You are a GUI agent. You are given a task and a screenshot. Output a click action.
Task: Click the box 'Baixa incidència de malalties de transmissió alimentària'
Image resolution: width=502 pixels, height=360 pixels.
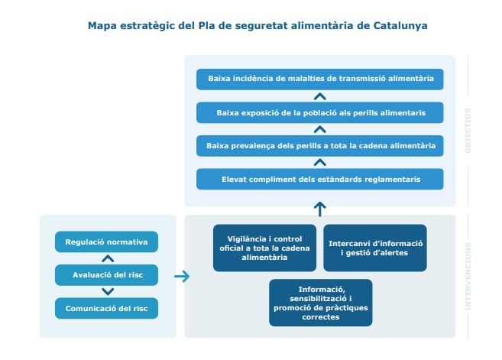(x=320, y=79)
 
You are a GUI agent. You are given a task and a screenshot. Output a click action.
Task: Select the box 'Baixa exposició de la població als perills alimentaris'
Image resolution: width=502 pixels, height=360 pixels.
(x=320, y=112)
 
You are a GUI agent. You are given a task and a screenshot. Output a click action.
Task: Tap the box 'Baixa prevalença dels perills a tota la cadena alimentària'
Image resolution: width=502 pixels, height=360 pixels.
(x=320, y=145)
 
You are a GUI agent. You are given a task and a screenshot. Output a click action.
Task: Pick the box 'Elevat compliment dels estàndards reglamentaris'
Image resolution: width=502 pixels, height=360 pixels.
(x=320, y=179)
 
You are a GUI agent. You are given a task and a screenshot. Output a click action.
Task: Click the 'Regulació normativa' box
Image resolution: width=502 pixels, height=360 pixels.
(x=106, y=242)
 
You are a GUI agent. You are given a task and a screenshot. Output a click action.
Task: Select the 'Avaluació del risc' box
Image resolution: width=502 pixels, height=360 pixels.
(x=106, y=275)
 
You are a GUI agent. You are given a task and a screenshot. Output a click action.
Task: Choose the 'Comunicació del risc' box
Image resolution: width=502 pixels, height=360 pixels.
(x=106, y=308)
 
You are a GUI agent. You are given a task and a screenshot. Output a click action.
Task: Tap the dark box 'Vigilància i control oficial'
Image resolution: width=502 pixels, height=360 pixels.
(x=264, y=248)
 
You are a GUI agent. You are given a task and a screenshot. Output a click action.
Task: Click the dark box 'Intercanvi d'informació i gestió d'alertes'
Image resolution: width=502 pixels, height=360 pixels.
(x=375, y=248)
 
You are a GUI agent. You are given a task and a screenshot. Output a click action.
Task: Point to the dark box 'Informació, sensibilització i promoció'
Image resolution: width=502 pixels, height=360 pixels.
(x=320, y=303)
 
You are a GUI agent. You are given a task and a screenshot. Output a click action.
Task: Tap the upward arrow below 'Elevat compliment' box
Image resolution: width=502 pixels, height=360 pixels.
(x=320, y=207)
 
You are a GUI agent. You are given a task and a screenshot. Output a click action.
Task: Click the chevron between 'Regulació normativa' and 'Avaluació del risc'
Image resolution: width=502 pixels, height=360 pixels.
(x=107, y=258)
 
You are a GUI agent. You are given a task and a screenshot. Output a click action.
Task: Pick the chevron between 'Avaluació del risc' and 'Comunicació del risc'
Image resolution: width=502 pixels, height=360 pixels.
(x=107, y=292)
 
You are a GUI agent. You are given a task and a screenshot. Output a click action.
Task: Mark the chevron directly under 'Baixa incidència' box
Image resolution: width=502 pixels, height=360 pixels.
(x=320, y=96)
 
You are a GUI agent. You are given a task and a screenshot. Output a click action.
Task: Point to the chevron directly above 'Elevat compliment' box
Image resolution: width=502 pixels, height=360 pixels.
(x=320, y=162)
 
